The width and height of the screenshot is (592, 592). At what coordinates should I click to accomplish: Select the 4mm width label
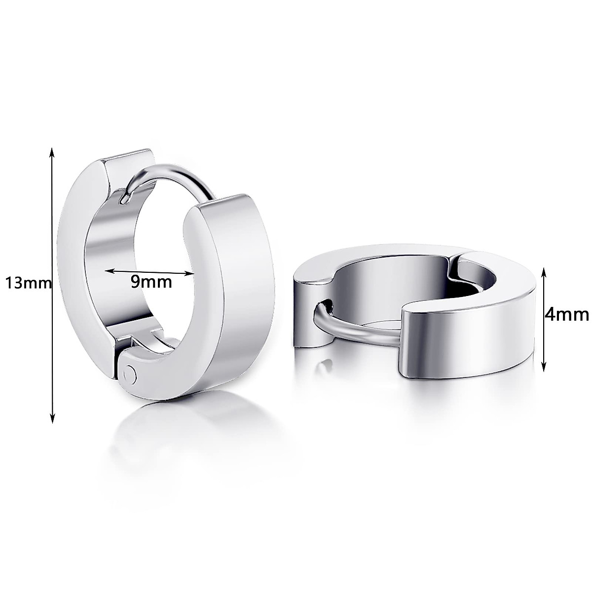pos(566,314)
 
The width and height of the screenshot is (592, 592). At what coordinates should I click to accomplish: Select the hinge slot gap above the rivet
pos(143,342)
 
